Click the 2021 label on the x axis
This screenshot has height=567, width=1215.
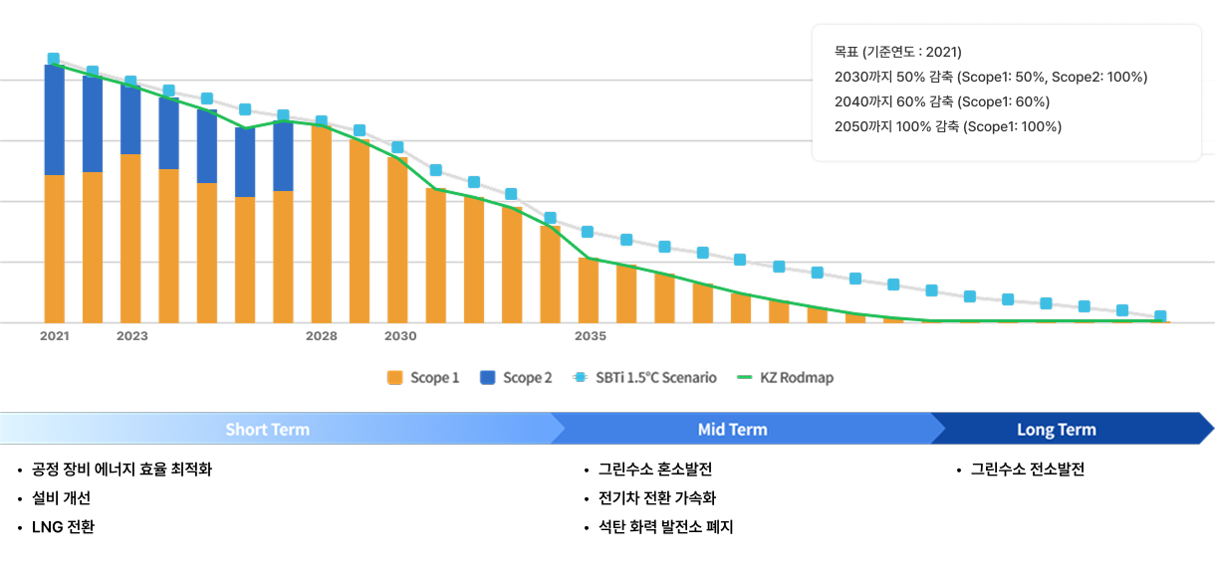pyautogui.click(x=54, y=336)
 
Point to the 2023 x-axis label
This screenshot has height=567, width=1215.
pyautogui.click(x=131, y=336)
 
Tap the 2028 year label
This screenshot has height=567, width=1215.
pyautogui.click(x=321, y=336)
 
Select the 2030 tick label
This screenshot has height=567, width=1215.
pyautogui.click(x=400, y=336)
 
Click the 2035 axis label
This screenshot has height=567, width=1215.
pyautogui.click(x=591, y=336)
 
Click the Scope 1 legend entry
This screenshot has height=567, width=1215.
pyautogui.click(x=423, y=378)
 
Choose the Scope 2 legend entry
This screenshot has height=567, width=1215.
pyautogui.click(x=516, y=378)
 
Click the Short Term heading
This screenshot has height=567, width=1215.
pyautogui.click(x=267, y=430)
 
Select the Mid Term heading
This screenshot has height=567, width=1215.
pyautogui.click(x=732, y=430)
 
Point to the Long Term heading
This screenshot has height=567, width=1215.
pyautogui.click(x=1056, y=430)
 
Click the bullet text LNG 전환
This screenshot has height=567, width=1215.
pyautogui.click(x=63, y=527)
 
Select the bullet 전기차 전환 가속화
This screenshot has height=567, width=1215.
pyautogui.click(x=656, y=498)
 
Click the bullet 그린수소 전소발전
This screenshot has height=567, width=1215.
pyautogui.click(x=1027, y=470)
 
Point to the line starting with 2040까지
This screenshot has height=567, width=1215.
pyautogui.click(x=941, y=101)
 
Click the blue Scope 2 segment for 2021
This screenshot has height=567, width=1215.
pyautogui.click(x=54, y=119)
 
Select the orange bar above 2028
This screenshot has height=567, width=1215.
pyautogui.click(x=321, y=224)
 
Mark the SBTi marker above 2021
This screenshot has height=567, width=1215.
pyautogui.click(x=54, y=60)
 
